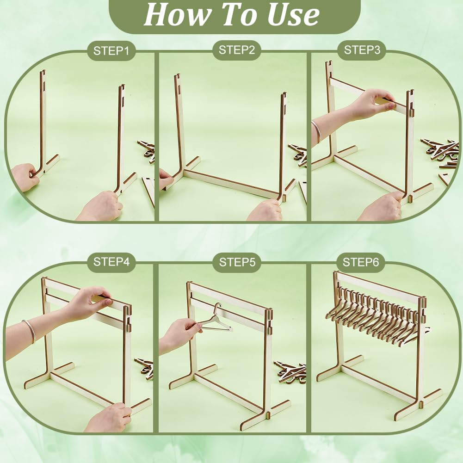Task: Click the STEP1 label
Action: click(x=111, y=51)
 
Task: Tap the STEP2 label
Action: click(x=236, y=50)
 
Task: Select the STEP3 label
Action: click(x=362, y=50)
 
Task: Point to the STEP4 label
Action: click(x=111, y=262)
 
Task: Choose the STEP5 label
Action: click(x=237, y=262)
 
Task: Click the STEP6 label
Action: click(x=360, y=262)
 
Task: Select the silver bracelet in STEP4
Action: click(x=29, y=331)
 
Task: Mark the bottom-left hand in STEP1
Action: click(x=25, y=177)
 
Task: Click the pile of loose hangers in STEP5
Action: click(x=290, y=371)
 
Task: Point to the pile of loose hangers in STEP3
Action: click(x=440, y=154)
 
